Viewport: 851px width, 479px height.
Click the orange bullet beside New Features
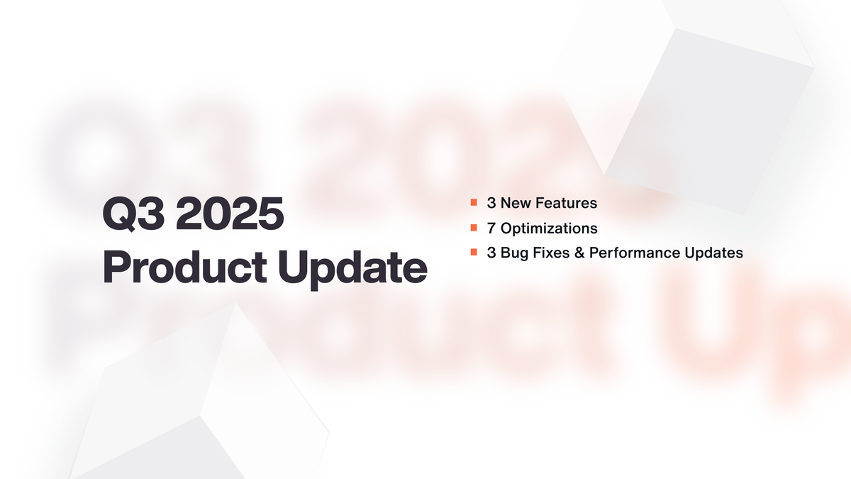473,204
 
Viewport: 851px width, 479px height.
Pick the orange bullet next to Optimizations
473,229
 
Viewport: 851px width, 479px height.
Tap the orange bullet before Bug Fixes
473,253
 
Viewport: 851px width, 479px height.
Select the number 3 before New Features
491,204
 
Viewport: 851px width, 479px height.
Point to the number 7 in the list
491,229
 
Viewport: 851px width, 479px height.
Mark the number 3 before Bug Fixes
491,253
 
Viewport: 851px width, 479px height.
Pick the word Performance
628,253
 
